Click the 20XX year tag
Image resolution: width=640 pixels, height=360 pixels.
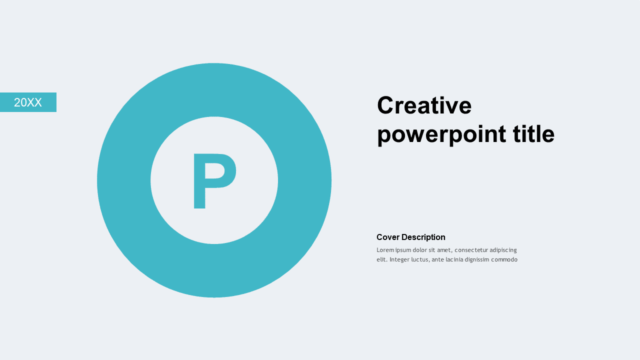coord(28,102)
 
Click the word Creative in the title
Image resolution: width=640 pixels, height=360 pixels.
coord(424,105)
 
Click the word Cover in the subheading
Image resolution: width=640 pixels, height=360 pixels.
coord(388,237)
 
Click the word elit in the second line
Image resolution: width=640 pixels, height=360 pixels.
coord(382,260)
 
